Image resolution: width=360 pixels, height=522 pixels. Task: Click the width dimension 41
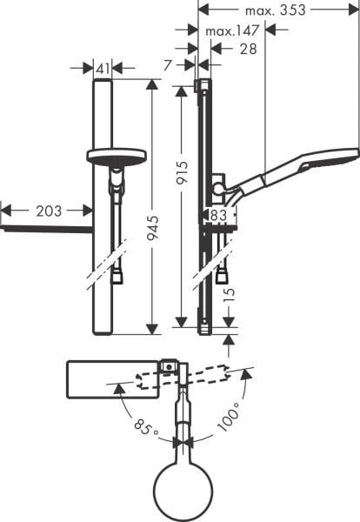click(103, 67)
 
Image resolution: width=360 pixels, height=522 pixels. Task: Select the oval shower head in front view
click(116, 157)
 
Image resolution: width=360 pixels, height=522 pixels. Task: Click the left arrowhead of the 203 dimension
click(4, 210)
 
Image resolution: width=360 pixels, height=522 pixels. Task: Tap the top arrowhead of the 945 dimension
click(153, 84)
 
